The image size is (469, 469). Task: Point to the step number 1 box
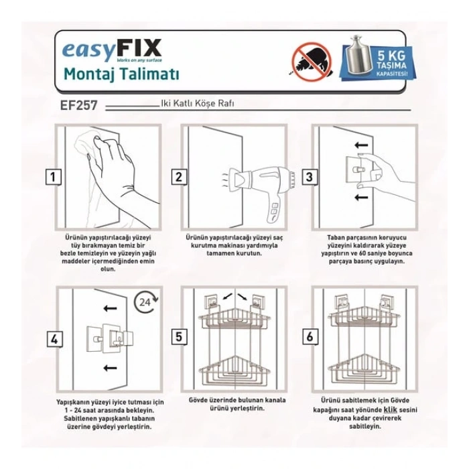[52, 178]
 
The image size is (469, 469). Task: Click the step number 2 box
[179, 178]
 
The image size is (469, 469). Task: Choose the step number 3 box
[309, 178]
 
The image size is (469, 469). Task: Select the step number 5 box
[179, 337]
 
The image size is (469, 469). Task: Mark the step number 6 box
[309, 337]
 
